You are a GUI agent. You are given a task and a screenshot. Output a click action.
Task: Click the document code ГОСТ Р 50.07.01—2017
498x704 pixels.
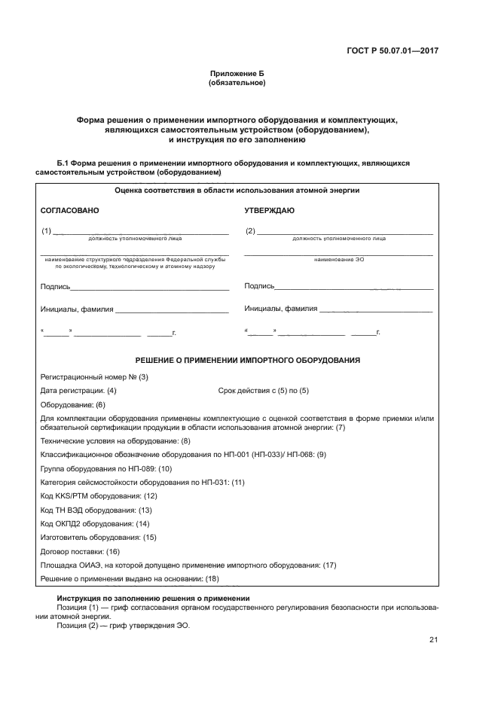(394, 51)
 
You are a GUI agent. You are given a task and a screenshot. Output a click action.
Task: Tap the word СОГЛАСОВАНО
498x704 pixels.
(69, 211)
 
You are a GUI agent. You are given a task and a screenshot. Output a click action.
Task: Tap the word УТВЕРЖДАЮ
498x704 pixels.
(269, 211)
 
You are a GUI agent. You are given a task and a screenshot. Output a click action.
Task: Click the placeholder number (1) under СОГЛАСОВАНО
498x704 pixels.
(47, 231)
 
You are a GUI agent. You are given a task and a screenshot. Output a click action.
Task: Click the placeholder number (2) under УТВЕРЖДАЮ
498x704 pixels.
(251, 231)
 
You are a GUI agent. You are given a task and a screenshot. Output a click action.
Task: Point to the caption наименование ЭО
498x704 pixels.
(338, 260)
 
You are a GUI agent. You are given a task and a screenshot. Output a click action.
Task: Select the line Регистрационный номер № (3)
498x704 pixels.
(94, 377)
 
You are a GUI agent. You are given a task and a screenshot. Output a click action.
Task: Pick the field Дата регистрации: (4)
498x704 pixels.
(78, 391)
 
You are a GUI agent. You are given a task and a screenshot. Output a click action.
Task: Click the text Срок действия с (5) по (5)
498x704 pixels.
(263, 391)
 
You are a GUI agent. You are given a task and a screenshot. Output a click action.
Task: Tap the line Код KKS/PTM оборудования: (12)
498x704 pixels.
(98, 496)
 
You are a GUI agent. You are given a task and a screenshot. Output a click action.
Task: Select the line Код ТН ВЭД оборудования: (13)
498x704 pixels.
(96, 510)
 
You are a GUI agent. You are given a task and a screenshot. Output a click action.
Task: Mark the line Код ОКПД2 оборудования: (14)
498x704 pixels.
(95, 523)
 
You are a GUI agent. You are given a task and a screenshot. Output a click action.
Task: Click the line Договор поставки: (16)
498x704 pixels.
(80, 551)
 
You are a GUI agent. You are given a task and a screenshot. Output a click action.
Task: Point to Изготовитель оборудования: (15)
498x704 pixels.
(98, 538)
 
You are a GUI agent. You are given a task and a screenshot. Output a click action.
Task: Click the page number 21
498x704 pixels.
(433, 640)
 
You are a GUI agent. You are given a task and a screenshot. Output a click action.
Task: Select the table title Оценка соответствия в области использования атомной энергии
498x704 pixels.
(237, 191)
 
